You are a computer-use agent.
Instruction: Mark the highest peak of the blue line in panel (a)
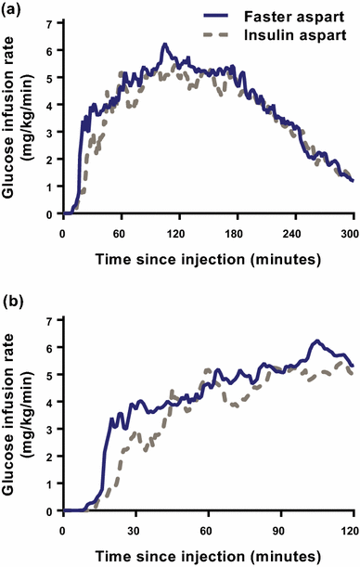pos(163,45)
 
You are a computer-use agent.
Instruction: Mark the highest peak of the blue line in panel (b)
pos(316,341)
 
